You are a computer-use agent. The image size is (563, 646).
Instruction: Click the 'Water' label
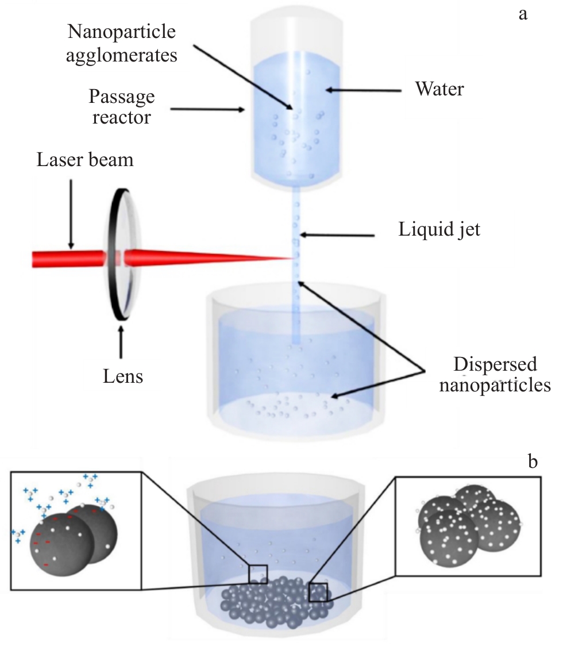(x=439, y=89)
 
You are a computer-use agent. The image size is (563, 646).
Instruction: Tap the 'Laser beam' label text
(x=85, y=159)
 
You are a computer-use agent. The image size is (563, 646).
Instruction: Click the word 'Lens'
(x=120, y=376)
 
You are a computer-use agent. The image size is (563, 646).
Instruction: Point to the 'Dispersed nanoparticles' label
(x=495, y=375)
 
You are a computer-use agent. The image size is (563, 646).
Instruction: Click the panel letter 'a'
(x=523, y=14)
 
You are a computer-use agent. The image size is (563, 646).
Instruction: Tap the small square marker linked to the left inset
(x=257, y=574)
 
